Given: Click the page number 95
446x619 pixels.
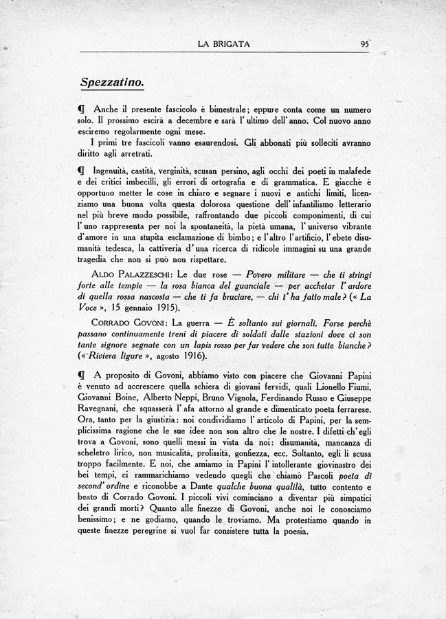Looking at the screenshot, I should point(364,44).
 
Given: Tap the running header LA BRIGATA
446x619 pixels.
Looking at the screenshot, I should point(223,44).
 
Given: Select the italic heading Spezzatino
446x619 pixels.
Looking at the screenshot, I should point(111,82).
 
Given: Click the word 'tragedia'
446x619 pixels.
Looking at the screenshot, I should point(100,259).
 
